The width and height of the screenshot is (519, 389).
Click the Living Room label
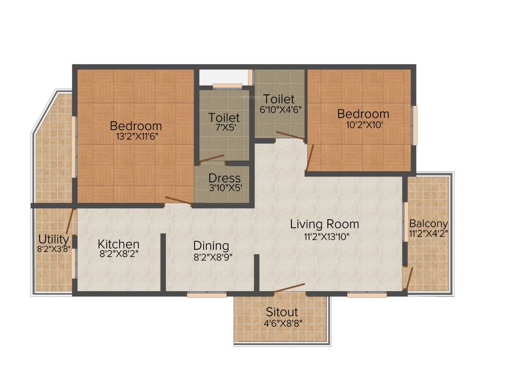click(x=324, y=224)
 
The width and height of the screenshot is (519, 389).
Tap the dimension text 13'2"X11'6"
click(x=136, y=136)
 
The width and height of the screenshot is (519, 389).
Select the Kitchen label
click(x=119, y=244)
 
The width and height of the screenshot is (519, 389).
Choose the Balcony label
click(x=428, y=223)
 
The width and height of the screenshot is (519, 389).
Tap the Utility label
click(x=53, y=239)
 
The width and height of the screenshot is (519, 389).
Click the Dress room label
click(x=225, y=179)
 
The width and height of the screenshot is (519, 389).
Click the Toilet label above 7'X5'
click(x=224, y=118)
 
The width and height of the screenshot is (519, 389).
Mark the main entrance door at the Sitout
click(x=289, y=288)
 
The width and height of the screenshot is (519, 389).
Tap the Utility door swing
click(x=70, y=222)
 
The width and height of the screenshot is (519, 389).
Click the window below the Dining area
click(x=199, y=294)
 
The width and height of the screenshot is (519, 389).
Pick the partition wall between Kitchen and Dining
click(x=163, y=262)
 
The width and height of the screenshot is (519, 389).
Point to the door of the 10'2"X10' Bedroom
click(x=310, y=157)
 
